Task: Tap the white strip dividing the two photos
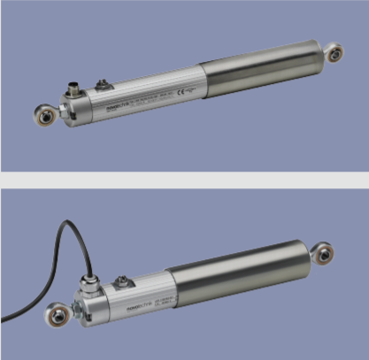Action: [184, 180]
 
